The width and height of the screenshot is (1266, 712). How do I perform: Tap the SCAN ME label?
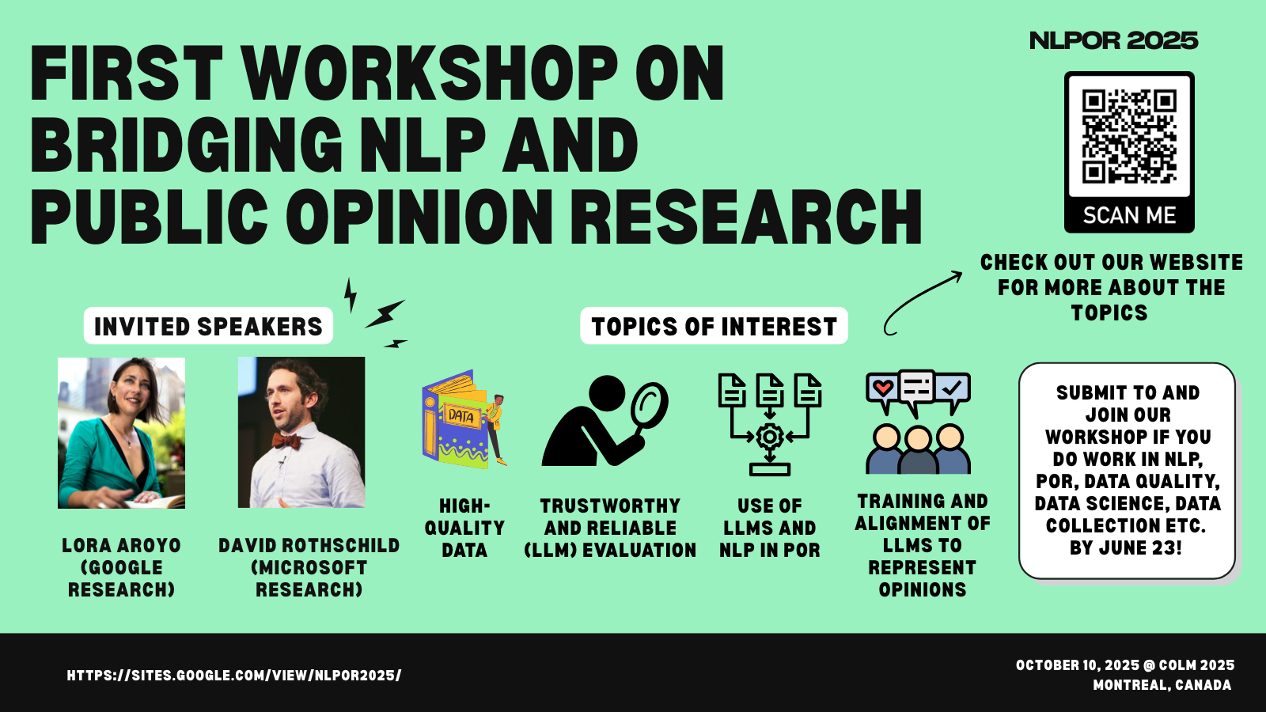click(1129, 215)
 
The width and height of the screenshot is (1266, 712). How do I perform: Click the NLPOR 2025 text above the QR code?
click(1113, 40)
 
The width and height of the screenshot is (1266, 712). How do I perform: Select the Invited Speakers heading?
click(208, 326)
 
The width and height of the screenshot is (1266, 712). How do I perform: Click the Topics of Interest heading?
click(714, 326)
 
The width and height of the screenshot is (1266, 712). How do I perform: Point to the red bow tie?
click(286, 441)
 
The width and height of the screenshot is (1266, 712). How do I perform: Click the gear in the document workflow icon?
click(769, 436)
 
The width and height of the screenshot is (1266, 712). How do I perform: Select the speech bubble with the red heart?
click(882, 389)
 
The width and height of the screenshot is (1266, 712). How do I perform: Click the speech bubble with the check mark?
click(953, 389)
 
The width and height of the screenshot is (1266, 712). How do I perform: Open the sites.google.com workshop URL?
click(234, 676)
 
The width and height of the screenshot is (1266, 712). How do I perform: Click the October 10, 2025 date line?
click(1124, 665)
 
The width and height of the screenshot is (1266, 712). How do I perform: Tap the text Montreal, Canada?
click(1162, 685)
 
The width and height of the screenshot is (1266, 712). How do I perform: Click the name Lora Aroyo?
click(122, 545)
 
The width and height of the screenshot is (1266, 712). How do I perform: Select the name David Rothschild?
click(309, 545)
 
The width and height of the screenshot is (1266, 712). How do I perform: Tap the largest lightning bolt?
click(385, 314)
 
